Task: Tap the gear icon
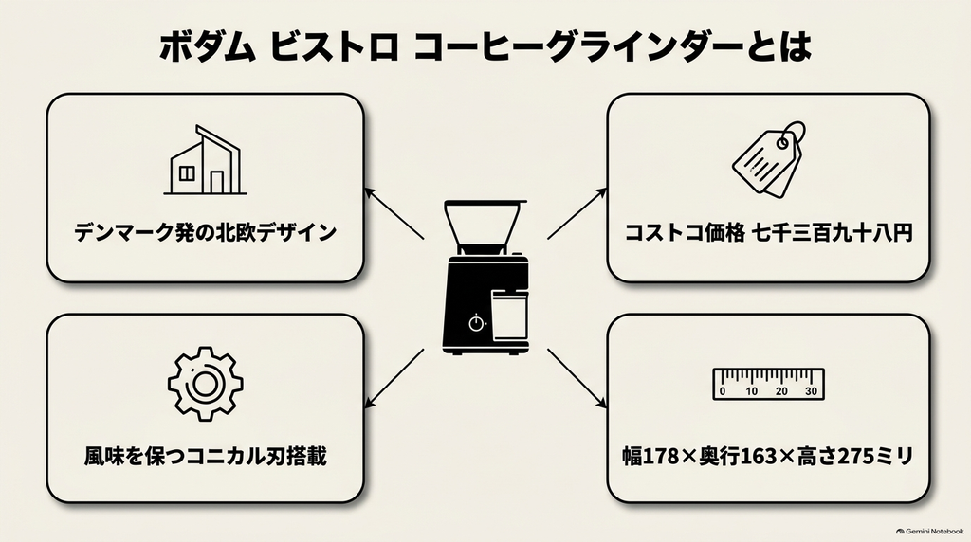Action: pos(205,384)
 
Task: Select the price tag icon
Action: pos(769,159)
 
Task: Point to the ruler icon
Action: pos(768,384)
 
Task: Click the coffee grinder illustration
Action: pos(485,278)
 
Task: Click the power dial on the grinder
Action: pos(476,323)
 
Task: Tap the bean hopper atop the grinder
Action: pos(484,226)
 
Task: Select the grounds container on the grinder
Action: pos(509,316)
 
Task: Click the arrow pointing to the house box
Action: pos(394,213)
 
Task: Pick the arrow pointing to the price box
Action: pos(577,213)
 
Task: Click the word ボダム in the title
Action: pos(208,47)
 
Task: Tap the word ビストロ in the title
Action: pos(334,47)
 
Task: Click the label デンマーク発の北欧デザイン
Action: pos(205,233)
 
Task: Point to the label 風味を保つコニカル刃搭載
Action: pos(205,456)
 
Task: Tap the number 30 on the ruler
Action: pos(811,391)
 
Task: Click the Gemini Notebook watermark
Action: pos(929,531)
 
